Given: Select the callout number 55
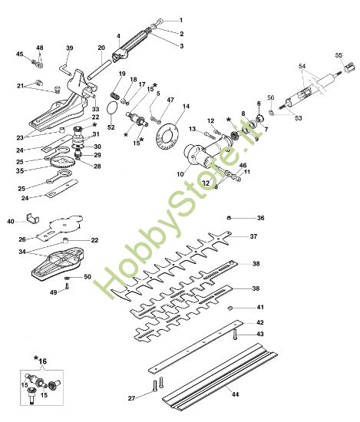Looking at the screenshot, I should point(339,55).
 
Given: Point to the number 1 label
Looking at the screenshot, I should point(181,19).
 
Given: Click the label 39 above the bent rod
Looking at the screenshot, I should point(69,48).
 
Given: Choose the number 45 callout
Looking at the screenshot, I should point(20,54).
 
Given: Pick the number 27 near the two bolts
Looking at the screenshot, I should point(131,398).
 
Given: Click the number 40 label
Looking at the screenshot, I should point(11,222).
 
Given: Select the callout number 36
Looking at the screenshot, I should point(260,218).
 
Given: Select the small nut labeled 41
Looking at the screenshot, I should point(230,307).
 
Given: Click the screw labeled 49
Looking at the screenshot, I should point(68,285).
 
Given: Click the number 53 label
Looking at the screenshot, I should point(298,118).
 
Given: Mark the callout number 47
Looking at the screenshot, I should point(170,101).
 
